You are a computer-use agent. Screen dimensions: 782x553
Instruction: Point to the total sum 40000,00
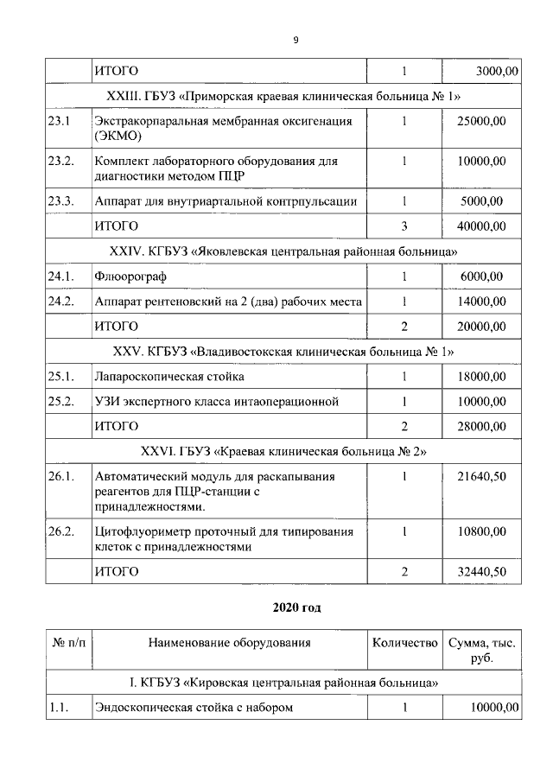481,226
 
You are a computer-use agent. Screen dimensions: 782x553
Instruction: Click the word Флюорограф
130,277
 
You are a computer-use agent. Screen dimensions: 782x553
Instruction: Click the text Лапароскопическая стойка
169,377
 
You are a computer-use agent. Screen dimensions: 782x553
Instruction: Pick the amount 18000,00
481,377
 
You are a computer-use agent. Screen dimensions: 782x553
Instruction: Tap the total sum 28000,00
481,426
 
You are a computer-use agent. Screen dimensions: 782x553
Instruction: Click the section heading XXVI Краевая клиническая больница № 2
285,451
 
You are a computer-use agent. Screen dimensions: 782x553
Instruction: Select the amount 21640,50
481,476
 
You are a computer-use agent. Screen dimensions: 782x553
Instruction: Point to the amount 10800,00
481,531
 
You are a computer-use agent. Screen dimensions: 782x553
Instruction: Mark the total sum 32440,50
481,571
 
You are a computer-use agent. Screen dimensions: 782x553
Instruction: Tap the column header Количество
404,643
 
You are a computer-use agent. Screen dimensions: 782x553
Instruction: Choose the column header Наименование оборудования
230,643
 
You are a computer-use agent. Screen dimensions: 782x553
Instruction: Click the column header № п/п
69,643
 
